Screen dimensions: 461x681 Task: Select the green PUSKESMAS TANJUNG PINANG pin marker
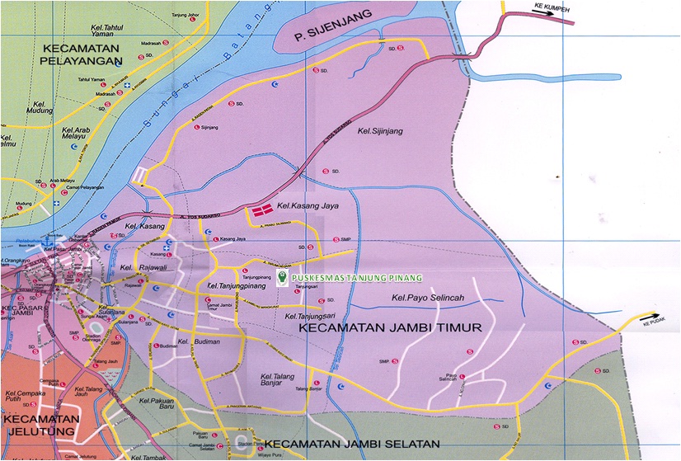pos(283,279)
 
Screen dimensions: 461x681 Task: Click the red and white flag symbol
pos(262,212)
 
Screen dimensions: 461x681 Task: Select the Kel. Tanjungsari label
pos(313,317)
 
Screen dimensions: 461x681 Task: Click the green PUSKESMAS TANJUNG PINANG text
pos(356,278)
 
